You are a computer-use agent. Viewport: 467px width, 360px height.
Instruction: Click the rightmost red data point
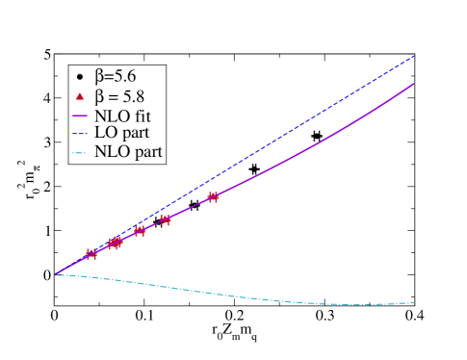coord(214,197)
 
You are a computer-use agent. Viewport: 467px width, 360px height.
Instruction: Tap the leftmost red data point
coord(91,254)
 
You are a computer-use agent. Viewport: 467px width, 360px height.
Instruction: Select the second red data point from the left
coord(115,244)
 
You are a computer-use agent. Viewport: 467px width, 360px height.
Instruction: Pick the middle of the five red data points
coord(140,231)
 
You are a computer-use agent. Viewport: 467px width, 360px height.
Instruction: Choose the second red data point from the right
coord(166,219)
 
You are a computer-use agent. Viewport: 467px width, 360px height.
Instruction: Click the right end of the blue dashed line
coord(414,56)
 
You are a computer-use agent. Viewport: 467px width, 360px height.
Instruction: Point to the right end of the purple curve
coord(414,84)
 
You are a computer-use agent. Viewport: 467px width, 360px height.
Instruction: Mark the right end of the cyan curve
coord(414,302)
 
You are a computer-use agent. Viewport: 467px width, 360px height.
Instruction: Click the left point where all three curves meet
coord(56,274)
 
